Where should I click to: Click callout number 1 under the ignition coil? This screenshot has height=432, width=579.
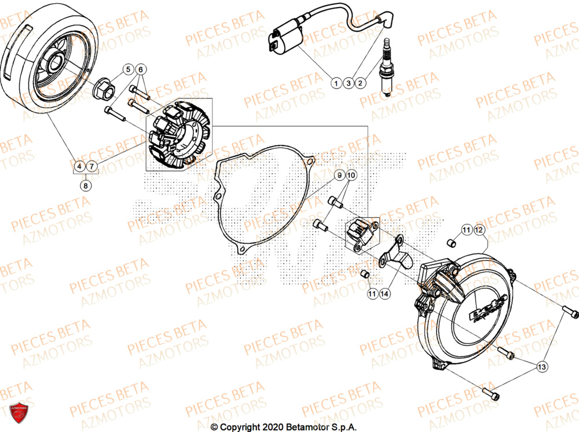point(336,83)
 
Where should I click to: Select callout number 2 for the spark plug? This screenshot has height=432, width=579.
point(360,83)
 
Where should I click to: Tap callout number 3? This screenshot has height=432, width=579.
point(348,83)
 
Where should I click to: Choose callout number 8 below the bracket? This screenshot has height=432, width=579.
point(86,185)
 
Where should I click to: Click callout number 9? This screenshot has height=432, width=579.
point(340,175)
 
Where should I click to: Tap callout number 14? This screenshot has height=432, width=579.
point(384,294)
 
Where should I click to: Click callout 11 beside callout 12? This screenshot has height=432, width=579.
point(467,231)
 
